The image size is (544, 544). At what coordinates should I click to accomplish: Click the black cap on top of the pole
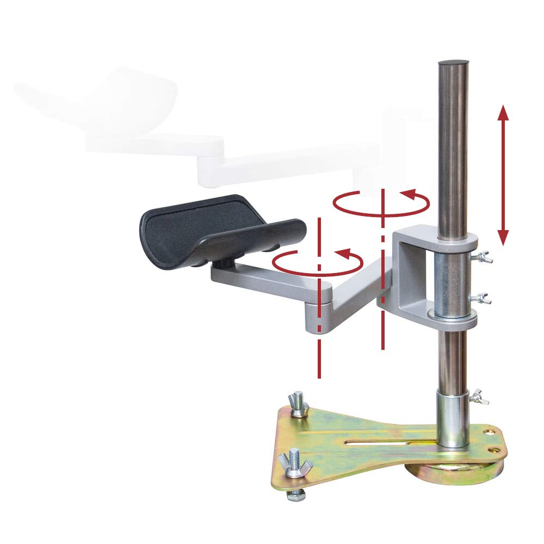click(453, 64)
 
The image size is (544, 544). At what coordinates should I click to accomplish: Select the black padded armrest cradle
click(218, 228)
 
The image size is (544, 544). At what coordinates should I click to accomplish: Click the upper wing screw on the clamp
click(485, 257)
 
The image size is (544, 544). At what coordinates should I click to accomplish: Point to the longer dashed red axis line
click(319, 299)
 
